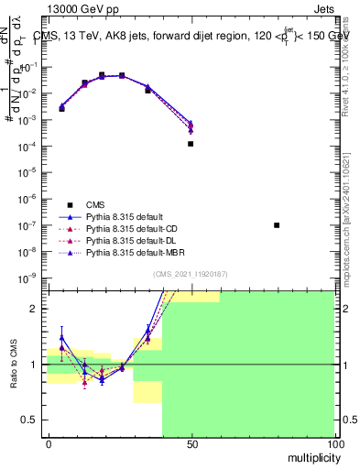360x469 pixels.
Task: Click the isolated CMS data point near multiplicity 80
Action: pos(277,224)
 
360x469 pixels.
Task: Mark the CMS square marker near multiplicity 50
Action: pos(191,144)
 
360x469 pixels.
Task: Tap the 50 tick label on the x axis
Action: pos(191,444)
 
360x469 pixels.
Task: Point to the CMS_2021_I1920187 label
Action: pos(191,274)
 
